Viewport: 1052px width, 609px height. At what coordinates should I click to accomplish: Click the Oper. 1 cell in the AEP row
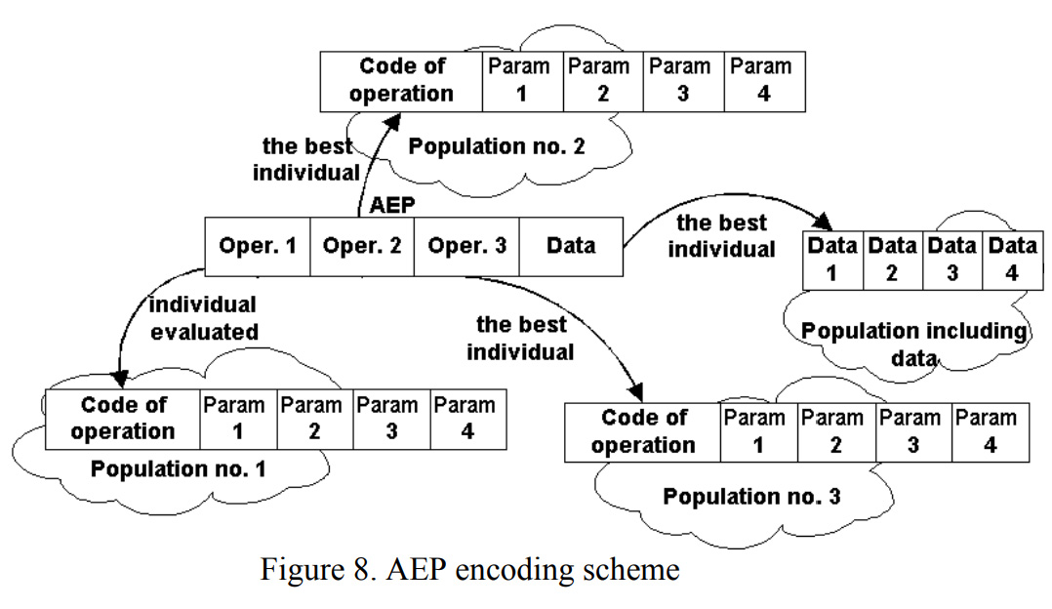coord(258,247)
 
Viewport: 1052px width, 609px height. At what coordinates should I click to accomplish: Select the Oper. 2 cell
coord(362,247)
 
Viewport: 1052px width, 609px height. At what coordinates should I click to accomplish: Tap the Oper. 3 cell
coord(466,247)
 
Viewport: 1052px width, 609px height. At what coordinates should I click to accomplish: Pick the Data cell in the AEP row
coord(571,247)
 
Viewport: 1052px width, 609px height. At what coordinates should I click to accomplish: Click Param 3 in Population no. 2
coord(681,80)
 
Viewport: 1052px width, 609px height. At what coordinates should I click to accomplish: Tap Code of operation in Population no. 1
coord(123,418)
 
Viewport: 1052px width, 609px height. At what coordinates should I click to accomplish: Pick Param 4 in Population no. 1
coord(466,418)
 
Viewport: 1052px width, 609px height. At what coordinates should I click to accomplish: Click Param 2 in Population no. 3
coord(835,431)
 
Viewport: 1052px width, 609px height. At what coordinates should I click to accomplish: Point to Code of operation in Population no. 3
coord(643,431)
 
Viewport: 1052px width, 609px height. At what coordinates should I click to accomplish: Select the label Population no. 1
coord(178,468)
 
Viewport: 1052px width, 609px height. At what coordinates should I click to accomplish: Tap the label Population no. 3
coord(751,496)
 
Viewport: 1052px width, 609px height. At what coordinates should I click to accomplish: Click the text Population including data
coord(913,344)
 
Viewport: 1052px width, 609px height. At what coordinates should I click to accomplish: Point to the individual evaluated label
coord(203,318)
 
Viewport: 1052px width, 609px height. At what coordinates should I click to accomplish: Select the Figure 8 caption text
coord(468,569)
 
